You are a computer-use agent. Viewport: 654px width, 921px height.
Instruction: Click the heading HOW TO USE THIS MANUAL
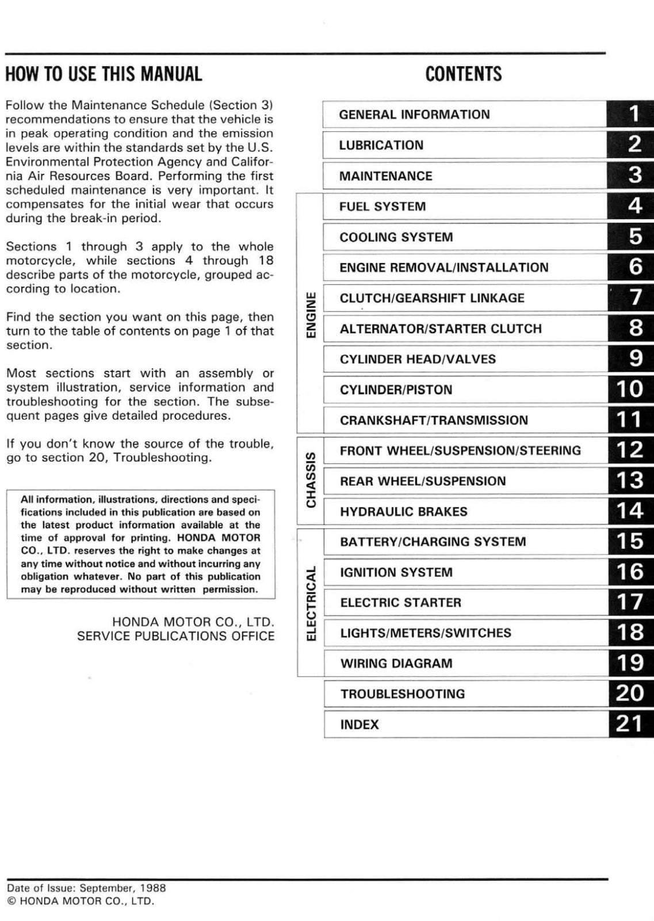pos(104,74)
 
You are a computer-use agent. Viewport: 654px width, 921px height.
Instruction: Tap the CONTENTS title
pos(463,74)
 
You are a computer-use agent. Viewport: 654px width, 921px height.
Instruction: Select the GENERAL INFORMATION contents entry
pos(414,115)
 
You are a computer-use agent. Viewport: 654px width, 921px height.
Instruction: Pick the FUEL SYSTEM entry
pos(383,207)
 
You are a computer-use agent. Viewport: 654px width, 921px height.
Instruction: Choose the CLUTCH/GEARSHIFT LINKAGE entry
pos(432,298)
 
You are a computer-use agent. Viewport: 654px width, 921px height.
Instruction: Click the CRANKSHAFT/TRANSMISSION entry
pos(434,420)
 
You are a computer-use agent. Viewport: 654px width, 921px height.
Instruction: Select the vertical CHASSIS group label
pos(311,480)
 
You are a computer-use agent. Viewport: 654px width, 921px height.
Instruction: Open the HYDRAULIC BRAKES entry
pos(403,512)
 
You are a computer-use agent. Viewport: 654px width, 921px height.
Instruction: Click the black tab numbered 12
pos(632,450)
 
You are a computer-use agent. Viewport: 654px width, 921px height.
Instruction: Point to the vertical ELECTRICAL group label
pos(311,603)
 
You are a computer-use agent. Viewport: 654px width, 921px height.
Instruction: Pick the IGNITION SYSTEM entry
pos(396,573)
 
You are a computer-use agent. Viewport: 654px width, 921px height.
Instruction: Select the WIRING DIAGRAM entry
pos(396,664)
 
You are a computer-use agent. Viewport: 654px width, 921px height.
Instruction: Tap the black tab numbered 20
pos(632,694)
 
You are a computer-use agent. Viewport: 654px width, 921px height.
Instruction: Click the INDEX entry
pos(359,725)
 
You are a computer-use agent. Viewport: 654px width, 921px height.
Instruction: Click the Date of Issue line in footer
pos(86,888)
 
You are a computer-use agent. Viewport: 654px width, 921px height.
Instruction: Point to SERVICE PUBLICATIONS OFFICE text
pos(175,636)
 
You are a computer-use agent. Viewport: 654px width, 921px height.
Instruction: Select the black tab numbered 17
pos(632,602)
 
